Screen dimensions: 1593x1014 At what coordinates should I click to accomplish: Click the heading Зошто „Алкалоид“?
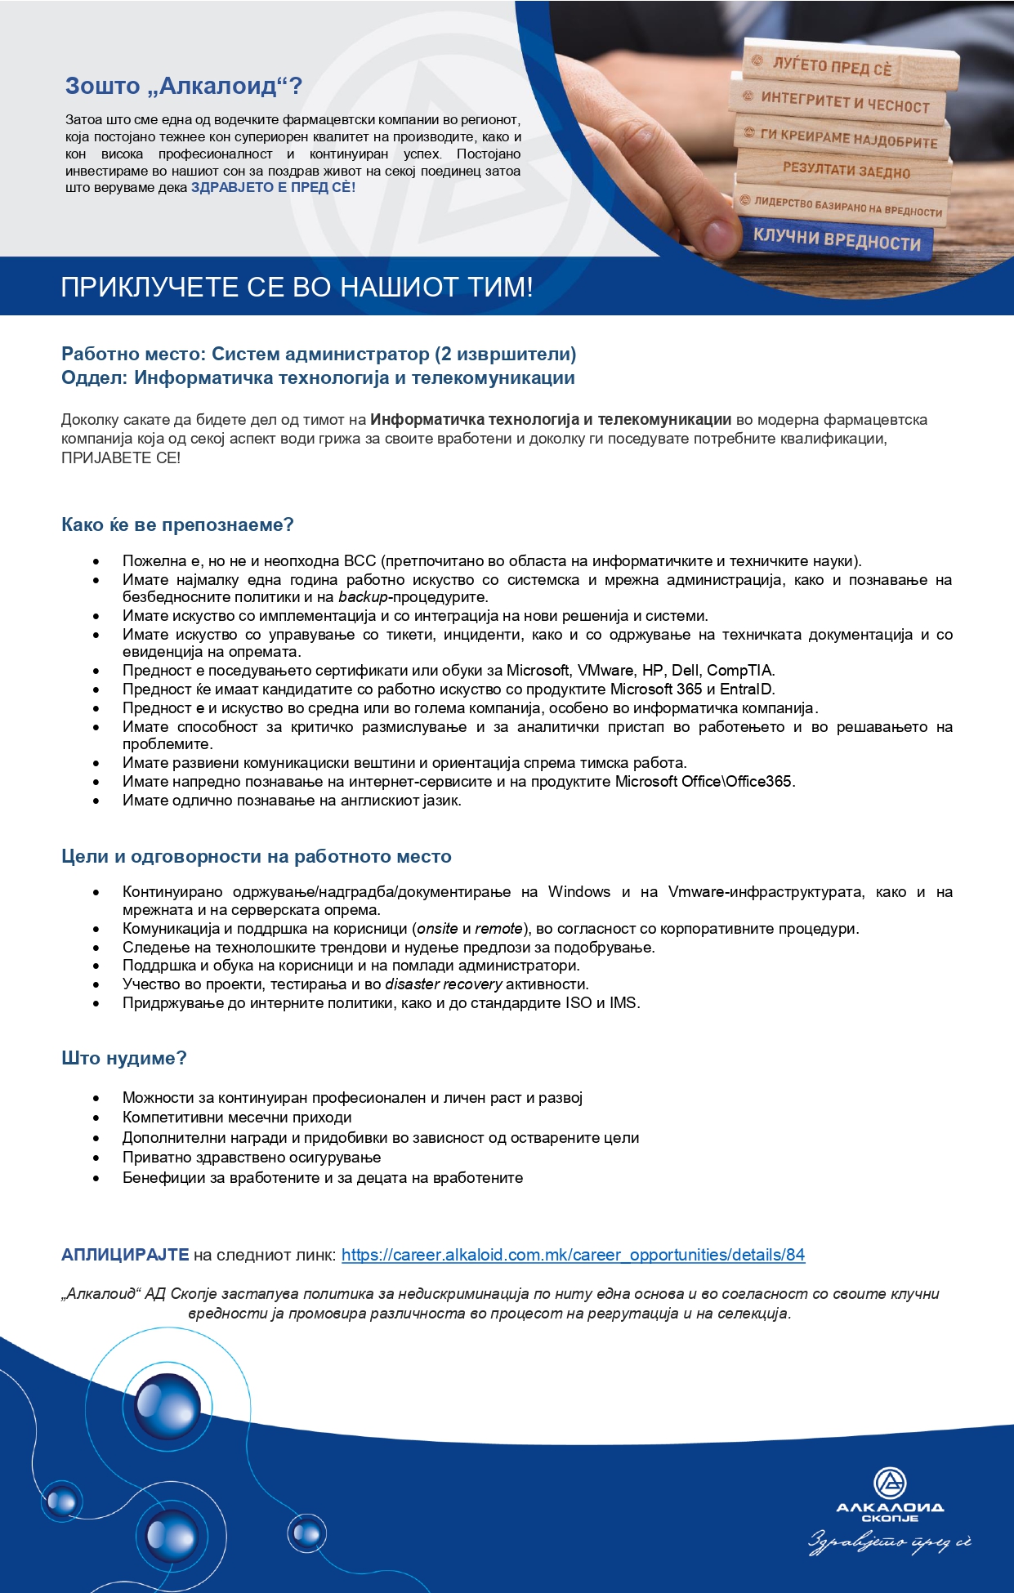pyautogui.click(x=184, y=86)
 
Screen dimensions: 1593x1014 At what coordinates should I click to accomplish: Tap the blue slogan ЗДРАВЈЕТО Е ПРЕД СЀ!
pyautogui.click(x=273, y=187)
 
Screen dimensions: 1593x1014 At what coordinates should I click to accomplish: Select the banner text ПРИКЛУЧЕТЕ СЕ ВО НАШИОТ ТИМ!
pyautogui.click(x=297, y=288)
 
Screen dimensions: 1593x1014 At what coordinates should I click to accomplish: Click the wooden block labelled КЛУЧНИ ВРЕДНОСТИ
pyautogui.click(x=837, y=239)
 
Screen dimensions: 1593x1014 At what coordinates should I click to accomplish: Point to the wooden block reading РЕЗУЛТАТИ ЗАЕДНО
pyautogui.click(x=846, y=171)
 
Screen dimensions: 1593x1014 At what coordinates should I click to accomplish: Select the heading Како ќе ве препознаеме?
pyautogui.click(x=177, y=524)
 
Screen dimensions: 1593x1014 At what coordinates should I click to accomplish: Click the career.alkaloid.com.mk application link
pyautogui.click(x=573, y=1255)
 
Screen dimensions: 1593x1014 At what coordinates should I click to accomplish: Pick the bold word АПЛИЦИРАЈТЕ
pyautogui.click(x=125, y=1255)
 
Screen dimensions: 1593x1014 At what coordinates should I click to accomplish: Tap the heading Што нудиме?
pyautogui.click(x=124, y=1058)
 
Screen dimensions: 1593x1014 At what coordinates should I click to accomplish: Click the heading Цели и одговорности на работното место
pyautogui.click(x=257, y=856)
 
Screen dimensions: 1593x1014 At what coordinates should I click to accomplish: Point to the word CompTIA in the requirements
pyautogui.click(x=740, y=671)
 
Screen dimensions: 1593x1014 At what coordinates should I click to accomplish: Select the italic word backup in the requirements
pyautogui.click(x=363, y=597)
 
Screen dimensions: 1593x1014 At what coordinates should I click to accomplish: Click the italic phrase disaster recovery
pyautogui.click(x=443, y=984)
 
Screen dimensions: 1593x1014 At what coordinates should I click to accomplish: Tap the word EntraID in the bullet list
pyautogui.click(x=746, y=689)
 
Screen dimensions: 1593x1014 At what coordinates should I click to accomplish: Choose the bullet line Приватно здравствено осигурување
pyautogui.click(x=252, y=1158)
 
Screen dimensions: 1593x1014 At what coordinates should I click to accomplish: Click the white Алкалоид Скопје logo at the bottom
pyautogui.click(x=890, y=1494)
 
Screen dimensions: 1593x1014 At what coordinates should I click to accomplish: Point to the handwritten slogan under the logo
pyautogui.click(x=890, y=1542)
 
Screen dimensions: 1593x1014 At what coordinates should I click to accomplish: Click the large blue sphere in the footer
pyautogui.click(x=168, y=1405)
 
